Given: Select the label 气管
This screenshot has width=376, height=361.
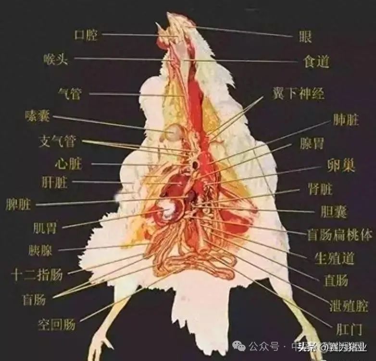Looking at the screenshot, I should pos(70,93).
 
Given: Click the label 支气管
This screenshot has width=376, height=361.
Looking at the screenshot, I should pos(57,141).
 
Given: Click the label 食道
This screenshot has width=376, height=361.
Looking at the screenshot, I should pos(316,62).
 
